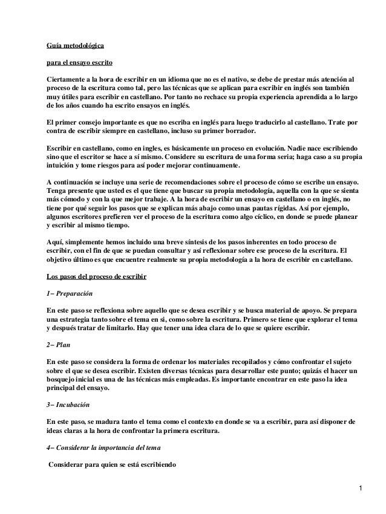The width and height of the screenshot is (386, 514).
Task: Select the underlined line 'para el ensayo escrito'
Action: click(79, 62)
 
